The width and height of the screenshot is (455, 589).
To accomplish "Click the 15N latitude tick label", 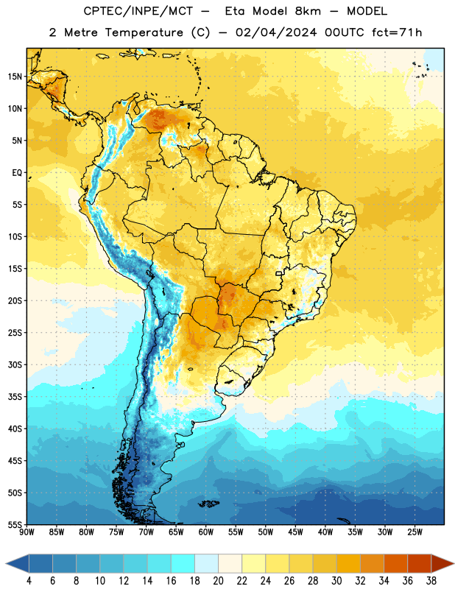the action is click(15, 77).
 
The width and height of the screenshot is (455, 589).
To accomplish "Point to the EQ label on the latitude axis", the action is click(17, 173).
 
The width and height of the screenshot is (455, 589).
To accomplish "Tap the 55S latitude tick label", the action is click(15, 524).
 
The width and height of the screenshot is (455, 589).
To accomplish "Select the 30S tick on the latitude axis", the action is click(15, 364).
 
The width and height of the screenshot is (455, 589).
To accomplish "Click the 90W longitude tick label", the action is click(27, 532).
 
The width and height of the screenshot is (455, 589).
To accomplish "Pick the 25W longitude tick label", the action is click(415, 532).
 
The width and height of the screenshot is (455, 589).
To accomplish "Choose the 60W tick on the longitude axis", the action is click(206, 532).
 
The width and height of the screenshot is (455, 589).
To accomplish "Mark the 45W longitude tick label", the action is click(295, 532).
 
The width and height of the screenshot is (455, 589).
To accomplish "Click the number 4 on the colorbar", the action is click(29, 581).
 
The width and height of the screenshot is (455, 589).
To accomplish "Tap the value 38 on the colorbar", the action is click(431, 581).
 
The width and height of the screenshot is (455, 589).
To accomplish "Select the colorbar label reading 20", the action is click(218, 581).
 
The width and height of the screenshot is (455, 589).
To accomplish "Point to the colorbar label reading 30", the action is click(336, 581).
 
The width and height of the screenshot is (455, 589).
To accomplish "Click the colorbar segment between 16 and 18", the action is click(183, 563).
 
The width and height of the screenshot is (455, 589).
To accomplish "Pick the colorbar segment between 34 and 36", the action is click(395, 563).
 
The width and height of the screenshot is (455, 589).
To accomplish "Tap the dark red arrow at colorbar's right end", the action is click(442, 563).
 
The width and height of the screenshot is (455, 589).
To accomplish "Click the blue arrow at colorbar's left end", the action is click(17, 563).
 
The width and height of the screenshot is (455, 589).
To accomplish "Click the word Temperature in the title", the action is click(144, 32).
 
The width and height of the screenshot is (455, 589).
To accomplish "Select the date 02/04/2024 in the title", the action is click(276, 32).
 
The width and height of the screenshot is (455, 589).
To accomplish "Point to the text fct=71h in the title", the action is click(397, 32).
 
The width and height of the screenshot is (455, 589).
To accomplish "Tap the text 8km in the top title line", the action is click(308, 11).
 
